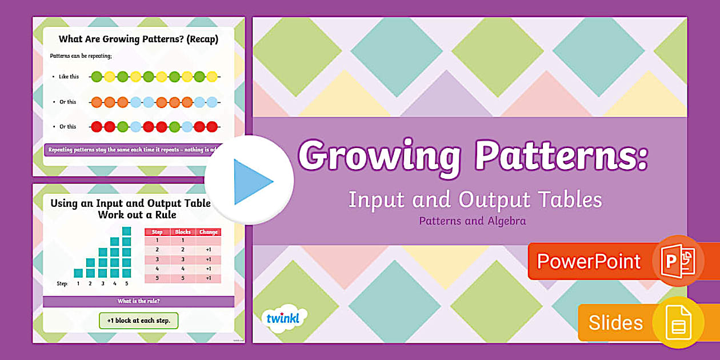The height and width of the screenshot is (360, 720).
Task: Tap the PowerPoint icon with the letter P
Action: click(x=678, y=261)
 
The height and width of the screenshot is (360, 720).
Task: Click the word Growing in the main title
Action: click(x=379, y=155)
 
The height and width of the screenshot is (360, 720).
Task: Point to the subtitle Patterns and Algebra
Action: click(x=472, y=221)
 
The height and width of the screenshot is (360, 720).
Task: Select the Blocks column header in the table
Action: click(x=183, y=232)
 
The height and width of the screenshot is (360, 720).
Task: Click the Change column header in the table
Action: click(x=209, y=232)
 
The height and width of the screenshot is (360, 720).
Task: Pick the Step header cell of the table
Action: click(x=157, y=232)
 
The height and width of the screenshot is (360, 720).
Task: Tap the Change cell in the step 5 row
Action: click(x=209, y=278)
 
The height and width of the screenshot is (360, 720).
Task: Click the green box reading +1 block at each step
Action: click(x=139, y=321)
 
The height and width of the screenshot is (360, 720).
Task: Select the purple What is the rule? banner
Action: click(x=138, y=301)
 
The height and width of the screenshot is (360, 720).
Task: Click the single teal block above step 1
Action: click(x=78, y=273)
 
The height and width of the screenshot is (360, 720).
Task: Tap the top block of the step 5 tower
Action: click(x=127, y=231)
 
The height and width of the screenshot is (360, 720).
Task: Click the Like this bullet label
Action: click(x=69, y=77)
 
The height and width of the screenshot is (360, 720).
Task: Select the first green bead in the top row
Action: click(x=96, y=77)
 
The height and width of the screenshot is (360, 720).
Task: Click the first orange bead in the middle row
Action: click(x=96, y=102)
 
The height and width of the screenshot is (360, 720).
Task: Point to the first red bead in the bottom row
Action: click(x=96, y=127)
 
